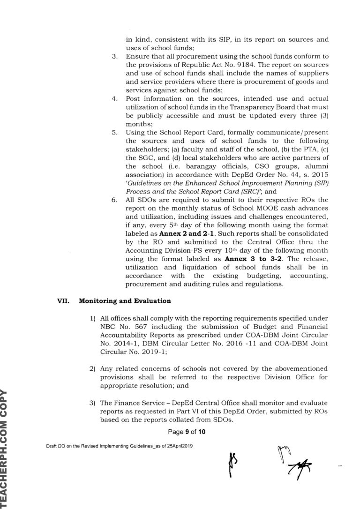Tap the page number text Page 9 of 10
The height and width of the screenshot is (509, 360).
click(x=180, y=431)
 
